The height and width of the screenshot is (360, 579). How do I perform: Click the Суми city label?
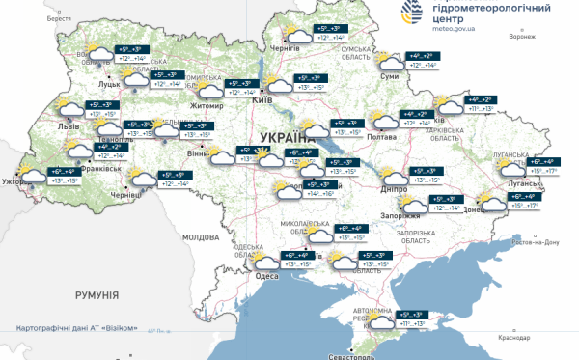tap(389, 75)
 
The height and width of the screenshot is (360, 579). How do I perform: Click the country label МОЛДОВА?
tap(202, 236)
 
